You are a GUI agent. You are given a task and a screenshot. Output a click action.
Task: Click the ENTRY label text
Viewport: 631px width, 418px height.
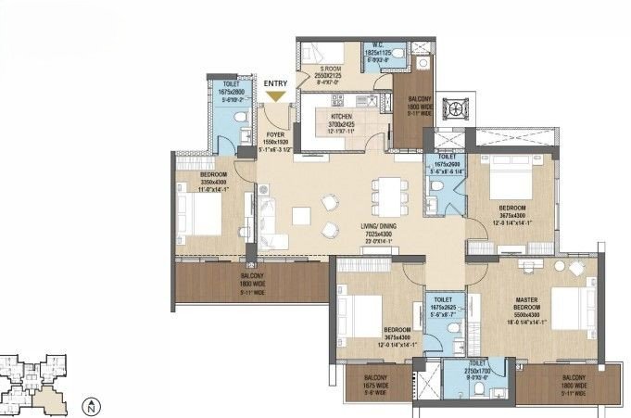[275, 83]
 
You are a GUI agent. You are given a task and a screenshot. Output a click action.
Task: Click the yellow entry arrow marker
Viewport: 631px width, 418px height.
[275, 95]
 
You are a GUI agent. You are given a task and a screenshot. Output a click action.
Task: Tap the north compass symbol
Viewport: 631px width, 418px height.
[90, 405]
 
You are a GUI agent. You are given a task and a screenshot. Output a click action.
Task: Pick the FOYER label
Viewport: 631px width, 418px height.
[275, 133]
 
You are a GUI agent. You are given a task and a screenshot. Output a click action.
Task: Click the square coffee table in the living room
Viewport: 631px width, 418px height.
[300, 215]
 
